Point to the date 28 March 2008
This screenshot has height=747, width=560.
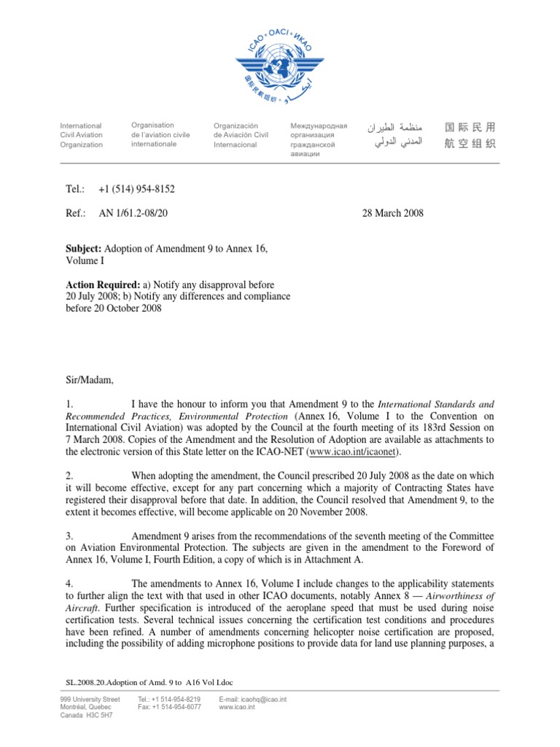pos(392,213)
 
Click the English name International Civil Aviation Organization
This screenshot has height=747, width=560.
pos(81,135)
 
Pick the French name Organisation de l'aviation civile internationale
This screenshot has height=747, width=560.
pos(160,134)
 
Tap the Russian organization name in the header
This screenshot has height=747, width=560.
pos(319,139)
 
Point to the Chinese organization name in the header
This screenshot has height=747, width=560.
pos(470,136)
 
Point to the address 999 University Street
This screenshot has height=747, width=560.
pos(90,699)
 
